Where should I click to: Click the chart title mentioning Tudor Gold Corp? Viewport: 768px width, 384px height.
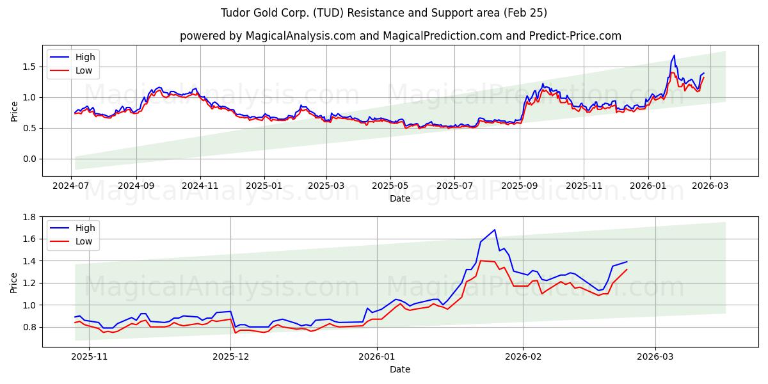pyautogui.click(x=384, y=13)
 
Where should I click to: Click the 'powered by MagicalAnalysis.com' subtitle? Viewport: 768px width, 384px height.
pyautogui.click(x=400, y=36)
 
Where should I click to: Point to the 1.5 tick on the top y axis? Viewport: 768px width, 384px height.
pyautogui.click(x=29, y=67)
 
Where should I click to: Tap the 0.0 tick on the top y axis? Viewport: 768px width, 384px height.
pyautogui.click(x=29, y=159)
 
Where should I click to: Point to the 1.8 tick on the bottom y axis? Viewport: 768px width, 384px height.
pyautogui.click(x=29, y=217)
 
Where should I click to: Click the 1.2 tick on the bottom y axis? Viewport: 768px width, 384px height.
pyautogui.click(x=29, y=283)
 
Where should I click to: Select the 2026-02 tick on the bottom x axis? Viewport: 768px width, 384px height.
pyautogui.click(x=523, y=356)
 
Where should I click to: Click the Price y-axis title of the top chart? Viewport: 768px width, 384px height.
pyautogui.click(x=14, y=111)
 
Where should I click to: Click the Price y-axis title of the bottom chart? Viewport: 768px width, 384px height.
pyautogui.click(x=14, y=282)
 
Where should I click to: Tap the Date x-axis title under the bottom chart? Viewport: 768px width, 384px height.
pyautogui.click(x=400, y=369)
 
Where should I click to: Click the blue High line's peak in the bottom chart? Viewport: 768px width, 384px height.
pyautogui.click(x=495, y=230)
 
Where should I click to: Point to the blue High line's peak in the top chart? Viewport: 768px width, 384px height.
pyautogui.click(x=674, y=56)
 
